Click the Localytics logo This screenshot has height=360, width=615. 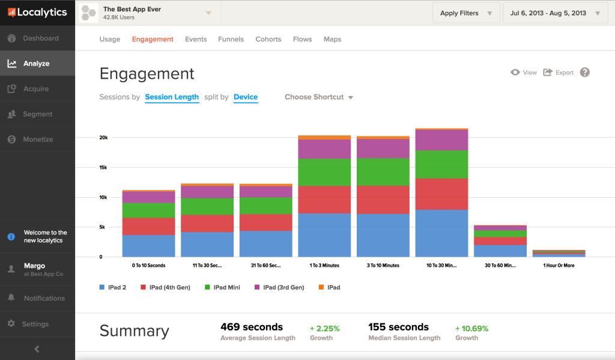[37, 12]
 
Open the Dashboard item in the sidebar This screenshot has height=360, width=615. [40, 38]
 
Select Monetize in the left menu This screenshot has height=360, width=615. [37, 139]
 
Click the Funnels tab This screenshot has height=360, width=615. [231, 39]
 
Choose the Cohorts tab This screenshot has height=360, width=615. [268, 39]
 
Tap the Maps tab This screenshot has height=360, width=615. [332, 39]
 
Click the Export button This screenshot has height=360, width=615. [559, 73]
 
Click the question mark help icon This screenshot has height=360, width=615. [584, 72]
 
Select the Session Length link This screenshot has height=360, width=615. [172, 97]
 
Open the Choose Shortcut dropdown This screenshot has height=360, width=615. [318, 97]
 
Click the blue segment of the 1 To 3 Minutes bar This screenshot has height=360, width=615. [324, 235]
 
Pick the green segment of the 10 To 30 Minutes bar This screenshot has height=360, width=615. [441, 164]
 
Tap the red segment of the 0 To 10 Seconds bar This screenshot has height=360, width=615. [148, 226]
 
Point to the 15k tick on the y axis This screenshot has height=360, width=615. [103, 168]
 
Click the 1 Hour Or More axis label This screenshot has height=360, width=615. [559, 265]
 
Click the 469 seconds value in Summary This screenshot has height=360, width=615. [252, 327]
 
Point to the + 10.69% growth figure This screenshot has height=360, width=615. [471, 328]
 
